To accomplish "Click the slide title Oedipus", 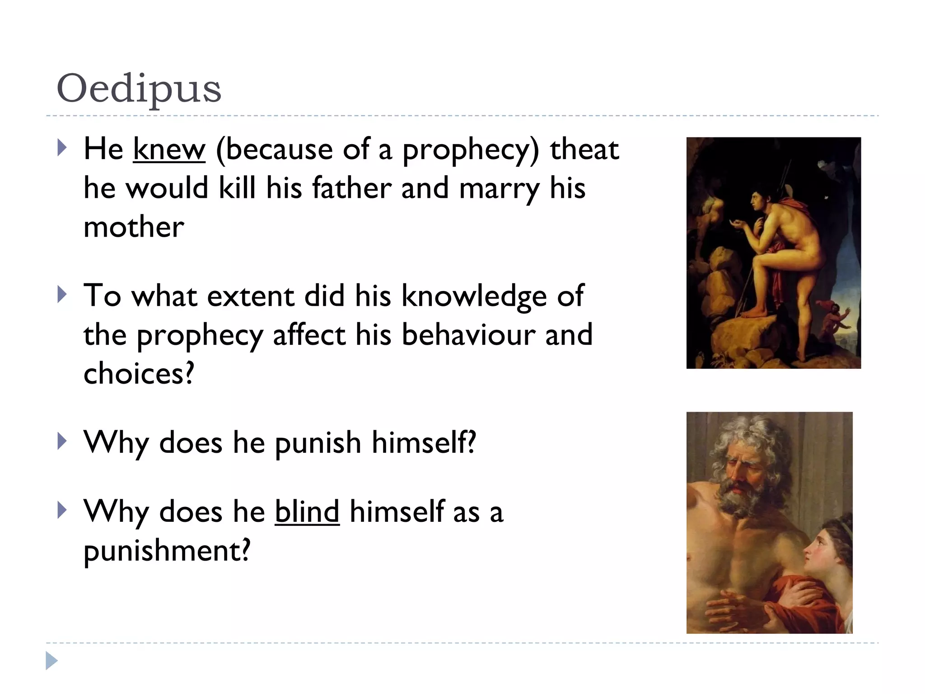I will point(139,89).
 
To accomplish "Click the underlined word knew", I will point(169,150).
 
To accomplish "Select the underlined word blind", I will point(307,512).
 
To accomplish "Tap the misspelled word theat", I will point(584,150).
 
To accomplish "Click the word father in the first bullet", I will point(352,188).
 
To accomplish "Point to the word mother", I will point(134,227).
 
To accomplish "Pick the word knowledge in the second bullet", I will point(474,296).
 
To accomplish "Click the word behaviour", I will point(468,335).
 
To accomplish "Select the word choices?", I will point(139,374).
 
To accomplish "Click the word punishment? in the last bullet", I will point(167,551).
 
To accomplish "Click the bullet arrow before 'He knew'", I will point(62,148).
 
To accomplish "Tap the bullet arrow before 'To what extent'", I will point(62,295).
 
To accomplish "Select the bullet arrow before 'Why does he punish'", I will point(62,441).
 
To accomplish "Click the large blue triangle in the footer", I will point(51,661).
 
